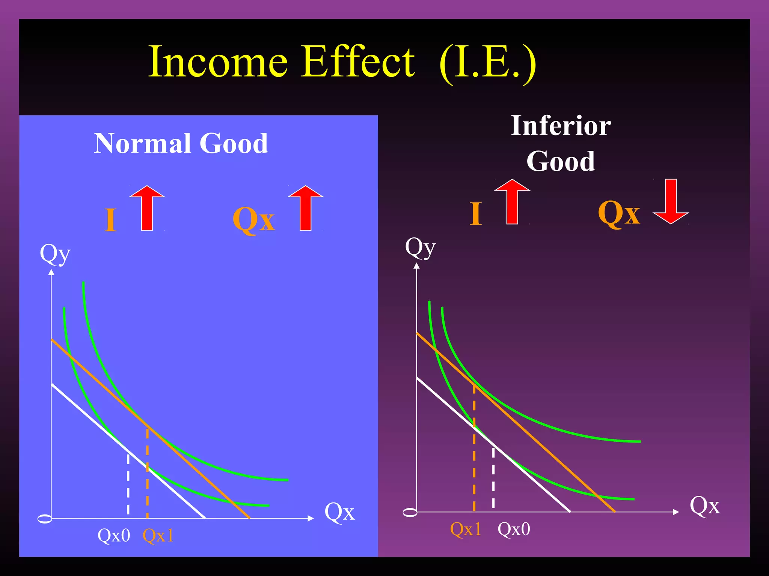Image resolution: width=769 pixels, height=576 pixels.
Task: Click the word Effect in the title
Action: [359, 62]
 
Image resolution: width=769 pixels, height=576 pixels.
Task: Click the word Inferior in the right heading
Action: [561, 126]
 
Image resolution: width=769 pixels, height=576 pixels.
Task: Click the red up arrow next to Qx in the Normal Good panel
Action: [306, 208]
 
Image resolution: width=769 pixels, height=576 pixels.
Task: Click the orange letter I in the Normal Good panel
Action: [110, 220]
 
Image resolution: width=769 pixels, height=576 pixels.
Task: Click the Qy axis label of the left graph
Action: [55, 254]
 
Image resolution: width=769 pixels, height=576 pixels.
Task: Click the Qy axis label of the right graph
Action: [420, 248]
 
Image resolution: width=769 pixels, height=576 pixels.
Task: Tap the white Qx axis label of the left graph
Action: [339, 512]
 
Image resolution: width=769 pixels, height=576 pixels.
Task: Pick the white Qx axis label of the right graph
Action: [705, 506]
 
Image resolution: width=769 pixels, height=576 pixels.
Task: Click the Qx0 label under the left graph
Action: [114, 535]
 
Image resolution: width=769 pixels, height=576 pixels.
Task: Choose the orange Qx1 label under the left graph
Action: [158, 535]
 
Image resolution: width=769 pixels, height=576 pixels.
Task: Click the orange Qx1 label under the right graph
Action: [466, 529]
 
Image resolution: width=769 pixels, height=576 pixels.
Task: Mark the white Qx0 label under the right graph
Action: [514, 529]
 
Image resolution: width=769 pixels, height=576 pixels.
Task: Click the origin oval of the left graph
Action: [45, 519]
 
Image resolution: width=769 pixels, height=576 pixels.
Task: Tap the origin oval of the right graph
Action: [410, 513]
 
